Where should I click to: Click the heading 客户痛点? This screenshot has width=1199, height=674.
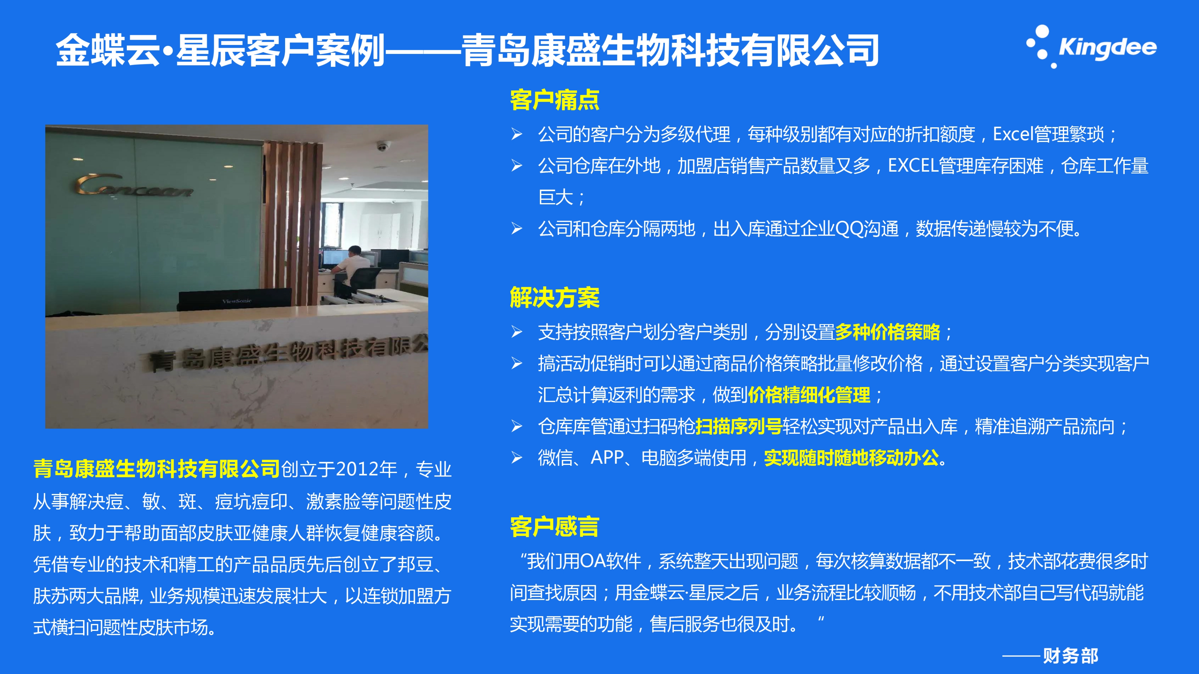pos(554,100)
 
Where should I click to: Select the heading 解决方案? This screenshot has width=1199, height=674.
pos(554,298)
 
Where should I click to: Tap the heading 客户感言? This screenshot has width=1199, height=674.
pos(554,527)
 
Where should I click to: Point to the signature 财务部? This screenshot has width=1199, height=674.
pos(1071,656)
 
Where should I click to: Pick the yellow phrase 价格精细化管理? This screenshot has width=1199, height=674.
pos(809,395)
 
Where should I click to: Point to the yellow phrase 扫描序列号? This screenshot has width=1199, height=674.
pos(739,427)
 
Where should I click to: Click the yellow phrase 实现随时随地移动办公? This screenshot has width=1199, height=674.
pos(851,458)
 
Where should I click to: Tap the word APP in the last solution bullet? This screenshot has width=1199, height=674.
pos(607,458)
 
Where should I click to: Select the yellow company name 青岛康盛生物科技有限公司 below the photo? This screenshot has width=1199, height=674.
pos(157,469)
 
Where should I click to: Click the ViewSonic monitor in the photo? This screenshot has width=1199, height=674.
pos(235,300)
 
